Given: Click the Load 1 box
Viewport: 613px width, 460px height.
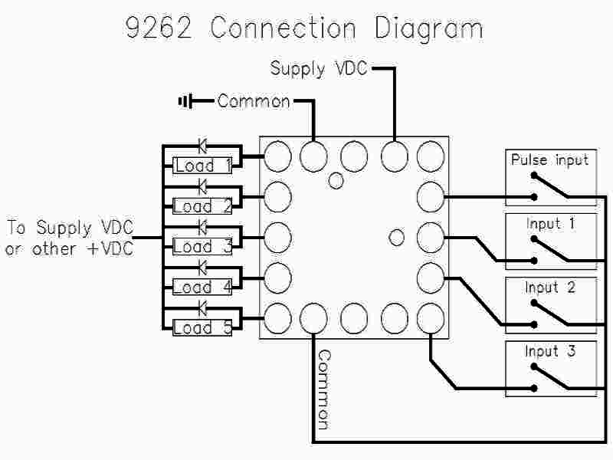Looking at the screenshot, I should pyautogui.click(x=203, y=166).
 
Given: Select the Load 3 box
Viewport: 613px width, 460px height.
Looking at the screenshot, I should pyautogui.click(x=203, y=247).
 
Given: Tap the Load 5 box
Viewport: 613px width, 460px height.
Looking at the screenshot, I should pyautogui.click(x=203, y=328).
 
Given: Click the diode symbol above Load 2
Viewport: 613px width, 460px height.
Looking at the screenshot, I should pyautogui.click(x=203, y=186).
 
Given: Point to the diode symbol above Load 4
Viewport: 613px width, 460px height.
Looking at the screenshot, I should pyautogui.click(x=203, y=267).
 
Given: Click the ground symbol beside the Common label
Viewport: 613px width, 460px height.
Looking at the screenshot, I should pyautogui.click(x=185, y=101).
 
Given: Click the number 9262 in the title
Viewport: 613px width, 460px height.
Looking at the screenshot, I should pyautogui.click(x=162, y=28).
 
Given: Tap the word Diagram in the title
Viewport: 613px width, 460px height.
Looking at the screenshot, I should pyautogui.click(x=428, y=29).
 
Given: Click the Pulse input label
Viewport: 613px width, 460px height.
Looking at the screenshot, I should pyautogui.click(x=550, y=160).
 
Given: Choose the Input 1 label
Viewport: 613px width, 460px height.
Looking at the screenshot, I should pyautogui.click(x=550, y=224).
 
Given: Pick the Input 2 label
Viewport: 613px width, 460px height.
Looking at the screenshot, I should pyautogui.click(x=550, y=287).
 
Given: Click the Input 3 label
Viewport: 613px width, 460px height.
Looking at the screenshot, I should pyautogui.click(x=550, y=351).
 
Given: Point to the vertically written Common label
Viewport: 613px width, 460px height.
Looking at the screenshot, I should pyautogui.click(x=323, y=389).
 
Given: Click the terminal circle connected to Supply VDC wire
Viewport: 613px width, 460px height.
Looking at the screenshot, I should pyautogui.click(x=394, y=156).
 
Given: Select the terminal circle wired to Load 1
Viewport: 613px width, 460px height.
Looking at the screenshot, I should pyautogui.click(x=277, y=156).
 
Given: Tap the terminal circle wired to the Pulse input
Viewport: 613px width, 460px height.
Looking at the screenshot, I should pyautogui.click(x=431, y=196).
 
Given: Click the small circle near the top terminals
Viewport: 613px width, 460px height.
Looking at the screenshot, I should pyautogui.click(x=336, y=181).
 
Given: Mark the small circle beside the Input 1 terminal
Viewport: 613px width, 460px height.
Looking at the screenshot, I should pyautogui.click(x=396, y=238).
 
